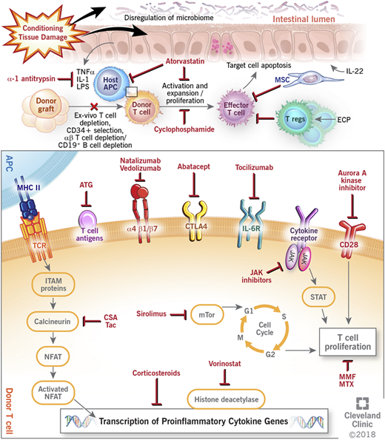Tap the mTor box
(x=208, y=314)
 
